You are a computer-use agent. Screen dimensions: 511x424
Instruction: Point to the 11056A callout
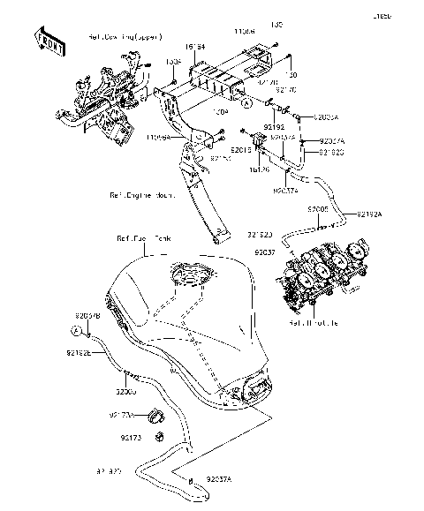(158, 139)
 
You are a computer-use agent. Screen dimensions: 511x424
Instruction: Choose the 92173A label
(122, 414)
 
